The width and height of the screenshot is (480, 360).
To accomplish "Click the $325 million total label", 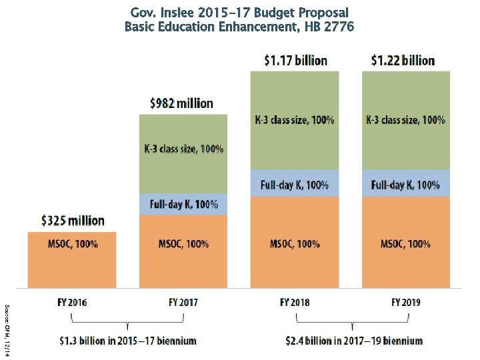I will coord(73,220).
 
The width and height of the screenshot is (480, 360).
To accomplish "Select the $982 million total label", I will coord(181,103).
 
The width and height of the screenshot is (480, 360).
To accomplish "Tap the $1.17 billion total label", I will coord(295,61).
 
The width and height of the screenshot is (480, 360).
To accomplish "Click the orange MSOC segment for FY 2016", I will coord(73,260).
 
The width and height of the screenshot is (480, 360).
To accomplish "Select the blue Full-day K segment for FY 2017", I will coord(183,204).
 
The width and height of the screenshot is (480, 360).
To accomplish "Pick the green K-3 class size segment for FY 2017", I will coord(183,153).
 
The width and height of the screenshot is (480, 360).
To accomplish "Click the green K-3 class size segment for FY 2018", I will coord(295,120).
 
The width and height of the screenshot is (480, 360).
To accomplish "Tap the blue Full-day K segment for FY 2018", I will coord(295,184).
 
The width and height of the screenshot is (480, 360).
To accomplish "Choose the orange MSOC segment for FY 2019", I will coord(405,243).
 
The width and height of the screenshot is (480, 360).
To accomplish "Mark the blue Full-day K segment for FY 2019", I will coord(405,184).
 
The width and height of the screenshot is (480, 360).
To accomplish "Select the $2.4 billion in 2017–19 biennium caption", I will coord(353,341).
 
